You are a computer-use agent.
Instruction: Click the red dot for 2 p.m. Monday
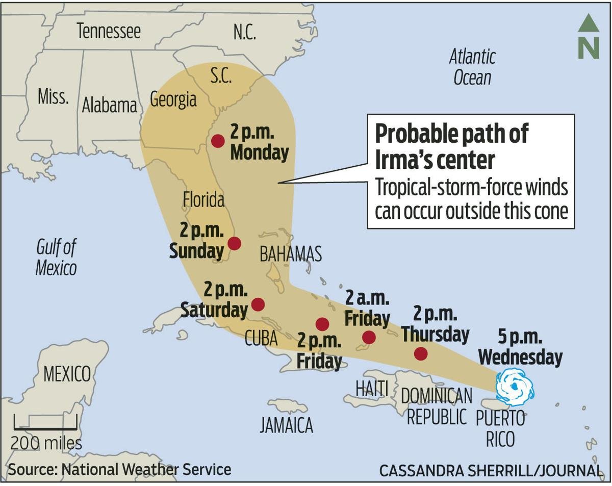coord(218,141)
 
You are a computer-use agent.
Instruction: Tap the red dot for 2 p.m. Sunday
coord(234,243)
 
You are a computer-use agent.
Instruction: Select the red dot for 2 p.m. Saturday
coord(258,304)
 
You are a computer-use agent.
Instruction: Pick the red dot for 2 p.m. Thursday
coord(421,353)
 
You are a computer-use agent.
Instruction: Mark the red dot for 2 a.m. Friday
coord(369,337)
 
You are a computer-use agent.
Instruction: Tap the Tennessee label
coord(108,32)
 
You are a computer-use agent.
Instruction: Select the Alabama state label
coord(110,105)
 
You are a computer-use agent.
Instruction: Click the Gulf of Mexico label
coord(56,258)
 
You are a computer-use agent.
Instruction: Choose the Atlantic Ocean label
coord(472,67)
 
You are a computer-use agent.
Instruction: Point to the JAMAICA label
coord(286,425)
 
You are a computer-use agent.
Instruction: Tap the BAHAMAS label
coord(291,253)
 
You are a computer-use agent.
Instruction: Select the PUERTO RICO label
coord(500,428)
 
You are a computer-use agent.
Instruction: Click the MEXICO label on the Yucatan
coord(67,374)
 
